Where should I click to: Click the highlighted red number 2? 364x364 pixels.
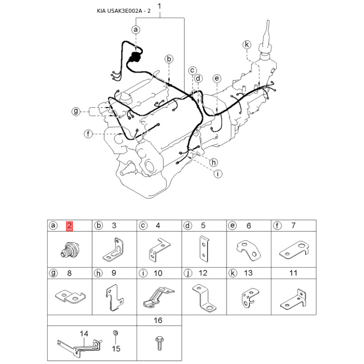[70, 226]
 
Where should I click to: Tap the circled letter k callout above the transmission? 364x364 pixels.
[247, 44]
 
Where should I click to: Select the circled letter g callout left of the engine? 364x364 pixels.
[76, 111]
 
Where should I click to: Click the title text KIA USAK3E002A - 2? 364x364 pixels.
[124, 11]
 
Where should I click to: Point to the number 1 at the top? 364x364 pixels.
[159, 6]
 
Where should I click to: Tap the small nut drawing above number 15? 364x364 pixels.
[116, 333]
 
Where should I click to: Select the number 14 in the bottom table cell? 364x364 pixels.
[84, 334]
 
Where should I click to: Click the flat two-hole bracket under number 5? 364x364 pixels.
[204, 248]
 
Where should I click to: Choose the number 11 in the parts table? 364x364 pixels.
[293, 273]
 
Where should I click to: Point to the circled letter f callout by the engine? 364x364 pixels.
[88, 134]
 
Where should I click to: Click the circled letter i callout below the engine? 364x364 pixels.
[217, 174]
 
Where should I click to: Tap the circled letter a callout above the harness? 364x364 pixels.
[136, 30]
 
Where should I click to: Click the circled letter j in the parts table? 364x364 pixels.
[188, 273]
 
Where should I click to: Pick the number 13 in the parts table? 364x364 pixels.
[248, 273]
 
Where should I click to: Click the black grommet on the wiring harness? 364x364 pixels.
[134, 57]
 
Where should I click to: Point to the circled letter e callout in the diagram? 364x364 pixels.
[217, 78]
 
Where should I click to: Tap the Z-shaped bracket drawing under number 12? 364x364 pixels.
[204, 298]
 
